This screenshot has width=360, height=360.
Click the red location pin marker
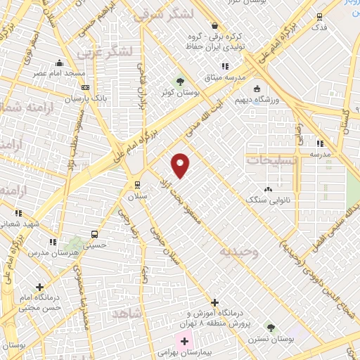(181, 165)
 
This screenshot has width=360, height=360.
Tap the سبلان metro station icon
(137, 185)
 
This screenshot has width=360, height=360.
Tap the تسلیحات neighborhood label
(270, 161)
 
